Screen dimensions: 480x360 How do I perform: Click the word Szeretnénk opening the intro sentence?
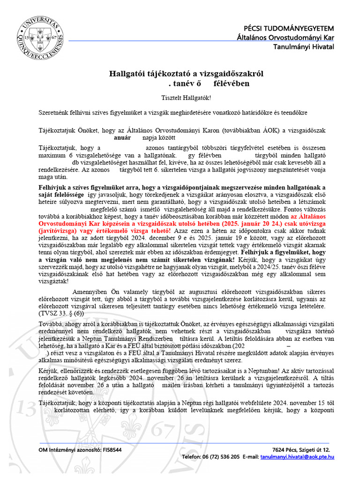pos(55,112)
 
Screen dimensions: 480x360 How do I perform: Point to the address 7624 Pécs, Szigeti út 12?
pos(303,450)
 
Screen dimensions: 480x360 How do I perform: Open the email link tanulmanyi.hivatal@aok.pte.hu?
pos(297,456)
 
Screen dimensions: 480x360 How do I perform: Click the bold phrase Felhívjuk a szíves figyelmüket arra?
pos(89,187)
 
